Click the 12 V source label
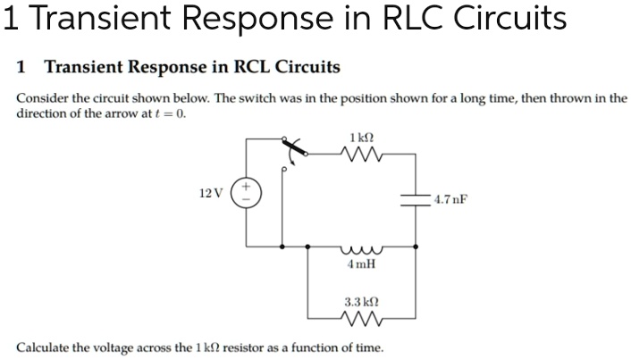[x=212, y=193]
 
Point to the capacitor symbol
[x=415, y=198]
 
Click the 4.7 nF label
[x=450, y=199]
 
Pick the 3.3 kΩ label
[x=362, y=301]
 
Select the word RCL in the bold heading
[x=247, y=67]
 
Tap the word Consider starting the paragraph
[x=41, y=98]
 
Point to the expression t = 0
[x=172, y=114]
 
